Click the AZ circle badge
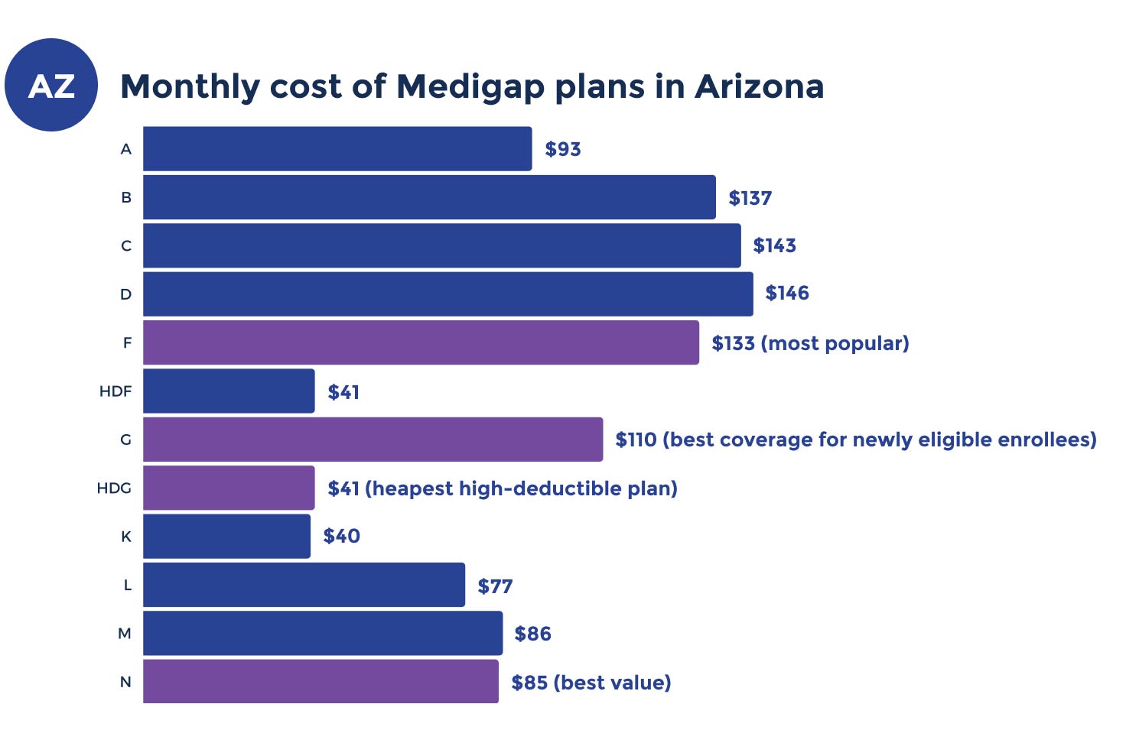(51, 85)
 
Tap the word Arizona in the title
(759, 86)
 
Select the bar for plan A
(337, 149)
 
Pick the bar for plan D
(447, 294)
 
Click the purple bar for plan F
(421, 342)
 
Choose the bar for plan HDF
(229, 391)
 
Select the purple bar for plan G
(373, 440)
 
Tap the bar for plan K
(226, 537)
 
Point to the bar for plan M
(323, 633)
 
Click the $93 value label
(563, 149)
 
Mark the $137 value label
(750, 198)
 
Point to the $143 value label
(775, 245)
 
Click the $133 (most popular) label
(810, 343)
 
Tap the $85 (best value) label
(591, 683)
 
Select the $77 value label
(495, 586)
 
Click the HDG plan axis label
(114, 488)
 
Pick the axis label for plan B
(126, 198)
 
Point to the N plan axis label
(125, 683)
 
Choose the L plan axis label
(127, 586)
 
